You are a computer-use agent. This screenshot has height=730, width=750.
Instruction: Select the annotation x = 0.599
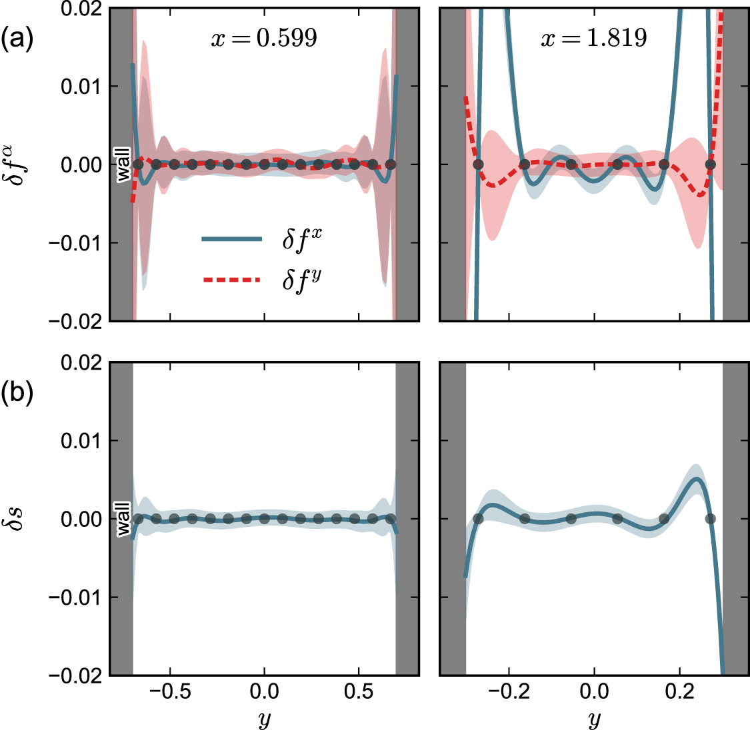coord(264,38)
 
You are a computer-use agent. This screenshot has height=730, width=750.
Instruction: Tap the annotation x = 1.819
coord(593,38)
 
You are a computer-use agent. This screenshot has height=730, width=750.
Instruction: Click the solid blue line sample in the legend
coord(231,239)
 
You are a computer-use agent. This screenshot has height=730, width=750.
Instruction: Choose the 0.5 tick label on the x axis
coord(359,691)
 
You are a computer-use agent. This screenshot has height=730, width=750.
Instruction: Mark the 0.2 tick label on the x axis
coord(679,691)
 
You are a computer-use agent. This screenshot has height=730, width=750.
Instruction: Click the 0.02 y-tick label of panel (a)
coord(81,9)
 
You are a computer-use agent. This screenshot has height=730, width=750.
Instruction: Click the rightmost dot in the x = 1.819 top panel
coord(710,165)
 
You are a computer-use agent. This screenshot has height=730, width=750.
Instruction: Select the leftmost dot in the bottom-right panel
coord(478,519)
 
